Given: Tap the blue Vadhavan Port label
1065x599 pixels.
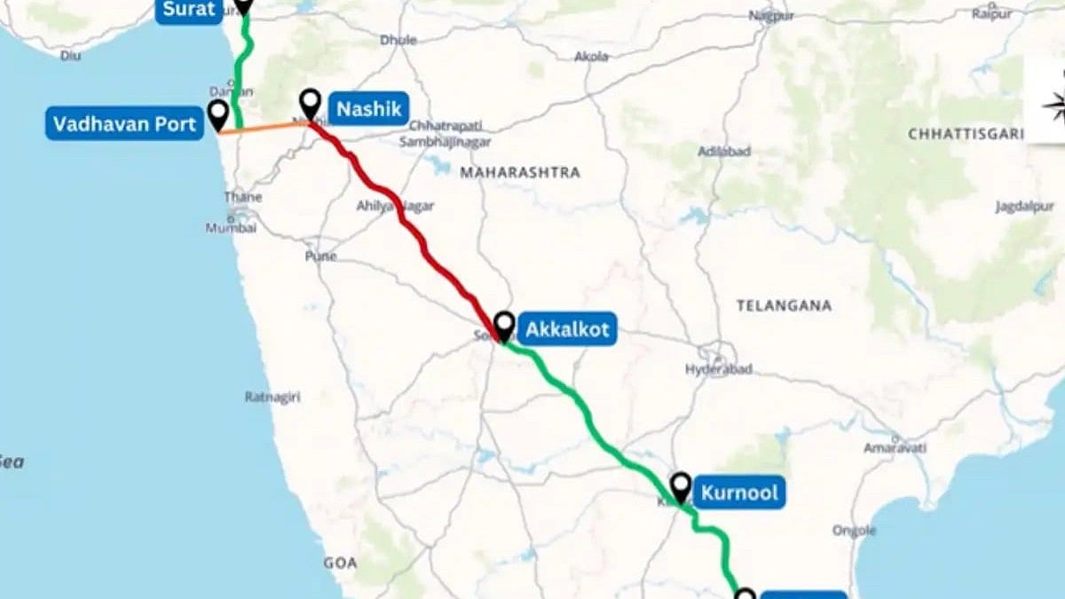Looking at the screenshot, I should pyautogui.click(x=124, y=123).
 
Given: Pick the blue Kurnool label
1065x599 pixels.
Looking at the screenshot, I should pyautogui.click(x=738, y=492).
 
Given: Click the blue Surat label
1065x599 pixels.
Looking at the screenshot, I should pyautogui.click(x=188, y=10).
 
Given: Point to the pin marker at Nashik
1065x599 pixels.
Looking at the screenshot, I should pyautogui.click(x=310, y=104).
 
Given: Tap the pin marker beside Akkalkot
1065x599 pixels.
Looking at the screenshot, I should pyautogui.click(x=504, y=325).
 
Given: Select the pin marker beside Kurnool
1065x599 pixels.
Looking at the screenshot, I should pyautogui.click(x=681, y=485).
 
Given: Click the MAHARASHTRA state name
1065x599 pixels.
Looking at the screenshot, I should pyautogui.click(x=520, y=172).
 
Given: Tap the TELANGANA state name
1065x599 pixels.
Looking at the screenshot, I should pyautogui.click(x=784, y=305).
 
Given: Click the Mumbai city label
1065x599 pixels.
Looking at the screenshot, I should pyautogui.click(x=231, y=228).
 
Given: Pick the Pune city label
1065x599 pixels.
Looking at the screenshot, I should pyautogui.click(x=320, y=256).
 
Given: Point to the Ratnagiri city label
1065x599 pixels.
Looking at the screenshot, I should pyautogui.click(x=272, y=397).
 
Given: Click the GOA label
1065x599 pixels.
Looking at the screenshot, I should pyautogui.click(x=340, y=563).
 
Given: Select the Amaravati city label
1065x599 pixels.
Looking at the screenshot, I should pyautogui.click(x=888, y=446).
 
